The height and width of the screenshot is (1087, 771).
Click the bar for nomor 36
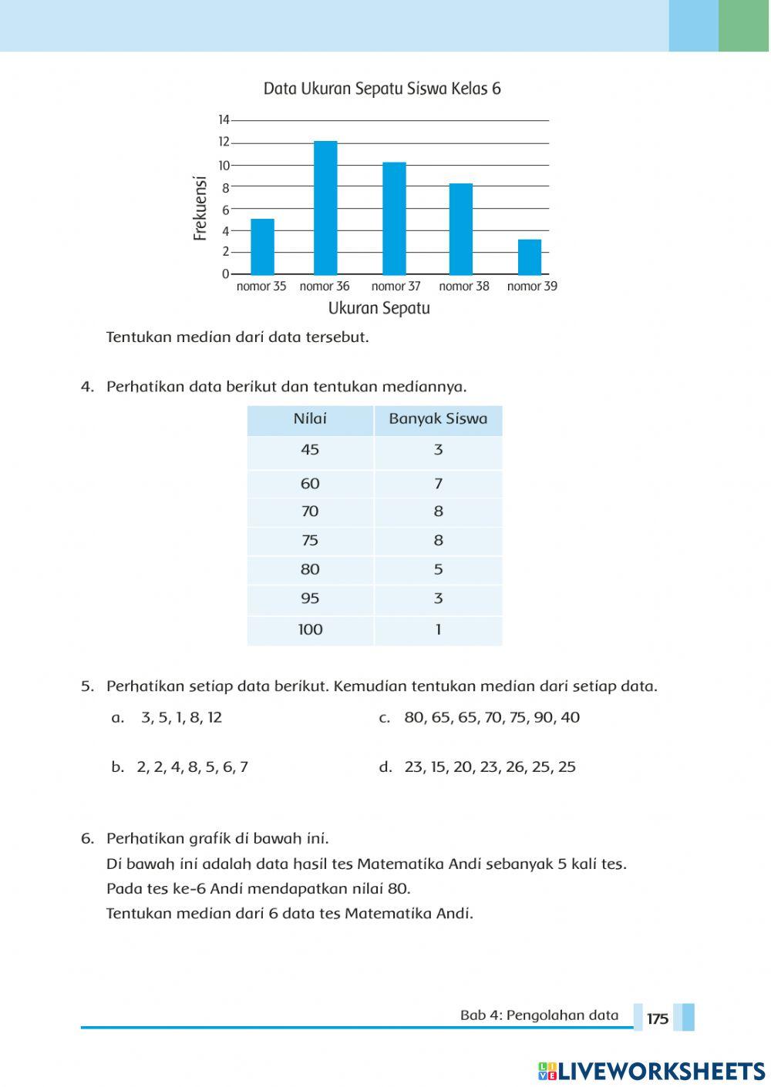point(325,208)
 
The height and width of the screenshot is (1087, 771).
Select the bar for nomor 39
point(530,257)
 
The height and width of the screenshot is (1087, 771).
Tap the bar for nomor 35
point(262,247)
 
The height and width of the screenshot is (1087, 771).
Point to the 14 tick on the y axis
point(224,120)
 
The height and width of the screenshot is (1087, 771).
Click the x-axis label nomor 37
point(396,287)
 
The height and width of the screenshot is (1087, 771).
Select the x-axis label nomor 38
point(464,287)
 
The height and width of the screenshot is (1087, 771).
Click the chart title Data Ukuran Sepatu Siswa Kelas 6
point(382,89)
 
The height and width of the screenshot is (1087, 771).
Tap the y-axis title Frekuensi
point(200,208)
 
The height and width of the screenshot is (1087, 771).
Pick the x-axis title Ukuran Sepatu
point(379,308)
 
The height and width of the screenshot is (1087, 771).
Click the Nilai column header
point(310,419)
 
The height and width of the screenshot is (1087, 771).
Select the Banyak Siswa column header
point(438,419)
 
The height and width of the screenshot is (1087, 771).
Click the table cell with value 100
point(310,629)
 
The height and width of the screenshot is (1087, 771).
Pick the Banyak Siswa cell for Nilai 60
point(438,484)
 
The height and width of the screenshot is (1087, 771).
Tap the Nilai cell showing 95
point(310,599)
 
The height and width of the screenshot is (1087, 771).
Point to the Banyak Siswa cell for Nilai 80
point(438,569)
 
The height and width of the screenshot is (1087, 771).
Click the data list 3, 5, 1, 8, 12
point(181,717)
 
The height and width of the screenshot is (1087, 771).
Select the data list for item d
point(490,767)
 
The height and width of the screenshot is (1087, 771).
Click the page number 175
point(658,1018)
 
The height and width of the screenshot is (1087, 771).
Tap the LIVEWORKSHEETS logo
point(651,1071)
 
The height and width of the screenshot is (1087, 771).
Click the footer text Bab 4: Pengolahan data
point(539,1015)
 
